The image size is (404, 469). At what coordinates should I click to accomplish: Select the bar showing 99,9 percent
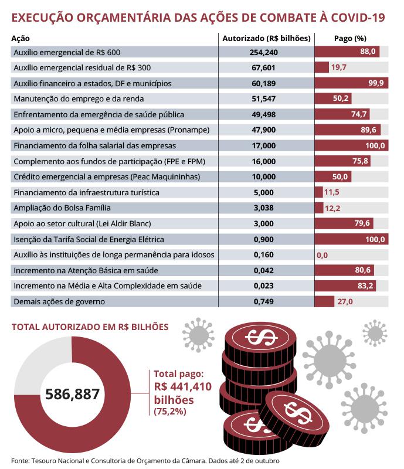[351, 83]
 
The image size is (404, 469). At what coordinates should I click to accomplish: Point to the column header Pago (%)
[346, 38]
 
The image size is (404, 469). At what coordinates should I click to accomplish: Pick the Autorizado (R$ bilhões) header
[266, 38]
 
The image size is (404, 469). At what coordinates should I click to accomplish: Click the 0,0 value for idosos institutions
[322, 255]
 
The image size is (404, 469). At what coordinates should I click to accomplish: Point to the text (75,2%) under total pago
[170, 412]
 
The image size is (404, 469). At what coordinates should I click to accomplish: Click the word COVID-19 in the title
[357, 18]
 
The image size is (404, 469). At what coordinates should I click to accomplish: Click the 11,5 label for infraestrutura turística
[331, 192]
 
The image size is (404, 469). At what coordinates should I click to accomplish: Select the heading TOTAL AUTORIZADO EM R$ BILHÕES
[90, 326]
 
